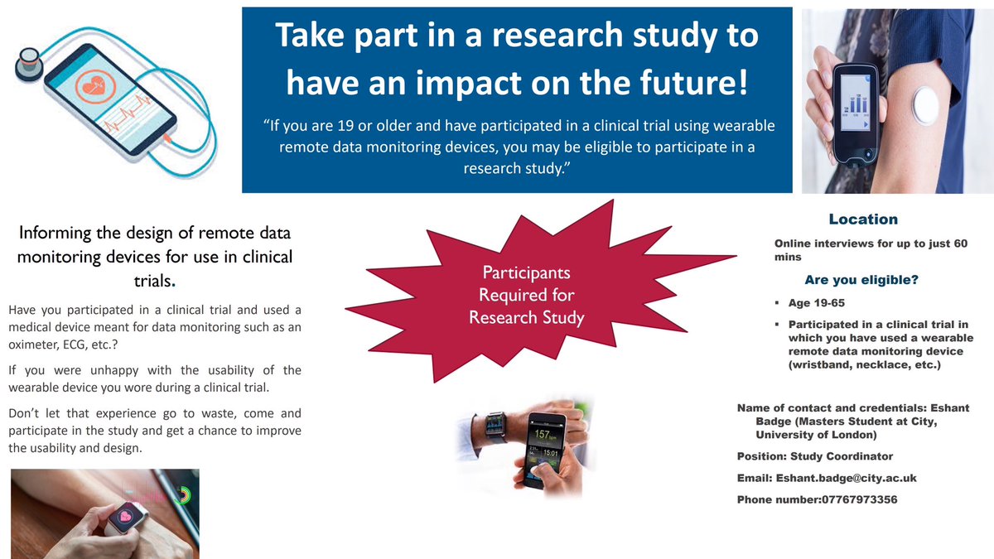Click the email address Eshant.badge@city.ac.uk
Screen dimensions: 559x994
[846, 478]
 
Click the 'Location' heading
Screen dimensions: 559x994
[863, 219]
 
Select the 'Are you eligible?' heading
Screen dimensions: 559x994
[861, 280]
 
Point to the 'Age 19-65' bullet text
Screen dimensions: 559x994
[816, 303]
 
